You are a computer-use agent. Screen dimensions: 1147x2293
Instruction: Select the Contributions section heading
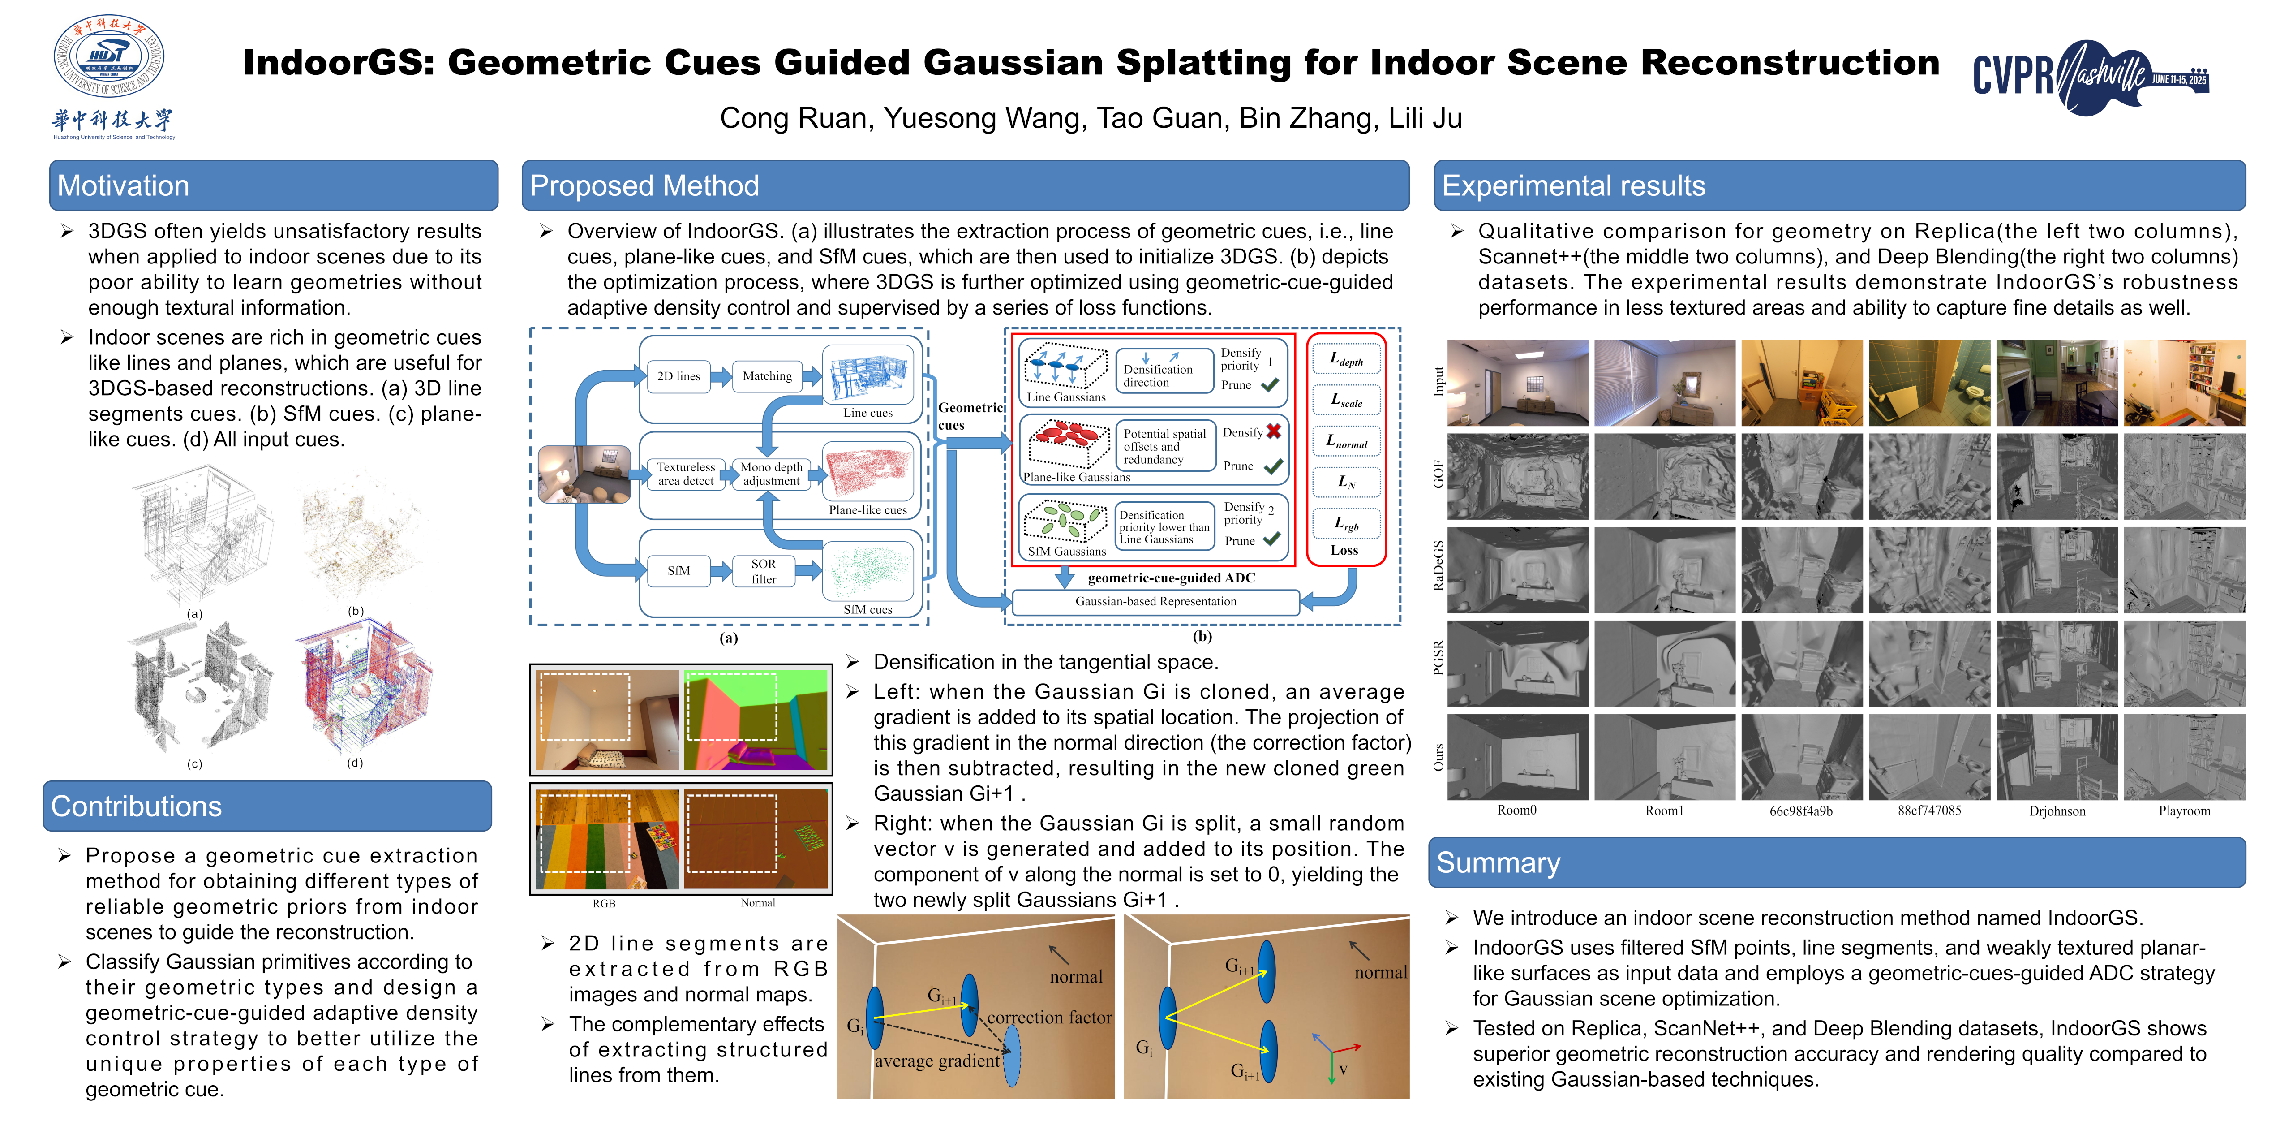[x=136, y=806]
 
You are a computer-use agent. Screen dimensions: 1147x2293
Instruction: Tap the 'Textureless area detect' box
[x=685, y=474]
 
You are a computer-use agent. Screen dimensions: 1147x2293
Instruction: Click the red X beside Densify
[x=1274, y=431]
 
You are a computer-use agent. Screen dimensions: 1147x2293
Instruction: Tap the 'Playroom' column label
[x=2184, y=811]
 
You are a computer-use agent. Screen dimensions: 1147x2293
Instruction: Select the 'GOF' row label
[x=1438, y=474]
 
